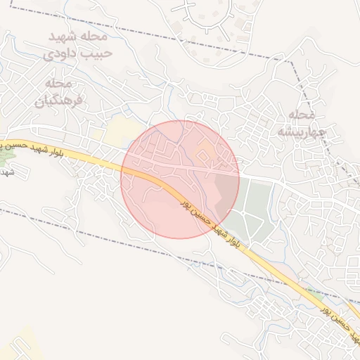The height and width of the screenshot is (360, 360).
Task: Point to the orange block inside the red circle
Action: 206,150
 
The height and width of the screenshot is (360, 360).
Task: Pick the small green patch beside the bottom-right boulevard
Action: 314,291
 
